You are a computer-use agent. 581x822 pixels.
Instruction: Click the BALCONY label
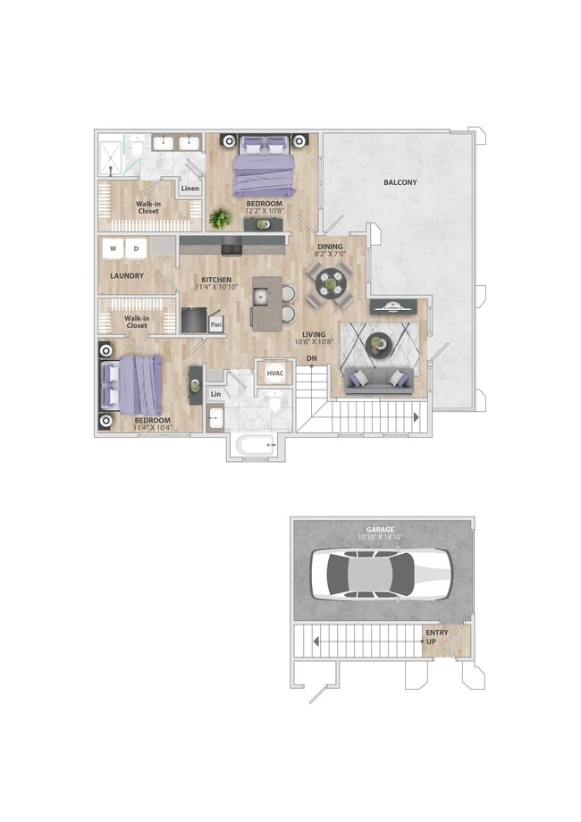point(400,182)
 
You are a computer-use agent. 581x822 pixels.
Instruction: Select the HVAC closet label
point(274,373)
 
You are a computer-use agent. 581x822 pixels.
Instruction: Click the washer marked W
point(114,247)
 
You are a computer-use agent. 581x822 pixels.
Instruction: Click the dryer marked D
point(137,247)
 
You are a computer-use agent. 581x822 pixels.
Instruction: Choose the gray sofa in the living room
point(375,380)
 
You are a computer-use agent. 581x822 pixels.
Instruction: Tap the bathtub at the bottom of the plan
point(257,444)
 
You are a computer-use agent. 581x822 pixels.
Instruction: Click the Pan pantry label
point(216,326)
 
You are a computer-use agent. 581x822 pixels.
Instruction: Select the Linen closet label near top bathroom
point(189,189)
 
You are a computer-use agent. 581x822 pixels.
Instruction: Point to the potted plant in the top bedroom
point(219,218)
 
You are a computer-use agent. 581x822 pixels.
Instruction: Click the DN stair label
point(311,359)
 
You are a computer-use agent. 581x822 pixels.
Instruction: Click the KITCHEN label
point(216,281)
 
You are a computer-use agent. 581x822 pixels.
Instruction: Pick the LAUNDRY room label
point(127,276)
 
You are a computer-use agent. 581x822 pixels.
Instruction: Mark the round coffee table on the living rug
point(379,342)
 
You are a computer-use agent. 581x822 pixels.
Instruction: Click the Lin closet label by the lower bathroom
point(215,394)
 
